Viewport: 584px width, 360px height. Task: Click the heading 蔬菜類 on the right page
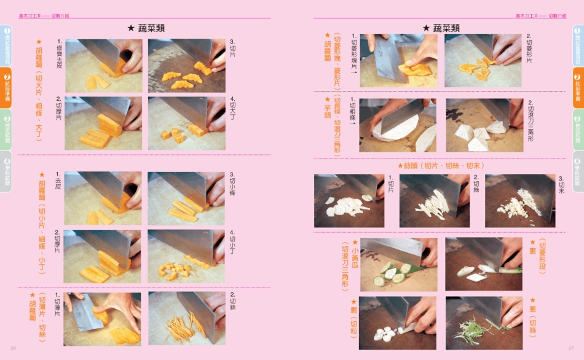point(441,28)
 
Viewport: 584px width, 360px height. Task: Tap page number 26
point(13,348)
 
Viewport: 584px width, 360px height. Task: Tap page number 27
point(570,348)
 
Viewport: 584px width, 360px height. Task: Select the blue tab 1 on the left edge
point(6,45)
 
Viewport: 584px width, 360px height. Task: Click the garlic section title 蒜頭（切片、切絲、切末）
point(441,166)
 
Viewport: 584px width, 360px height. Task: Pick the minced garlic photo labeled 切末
point(519,201)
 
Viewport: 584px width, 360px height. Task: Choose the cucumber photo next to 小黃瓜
point(398,265)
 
